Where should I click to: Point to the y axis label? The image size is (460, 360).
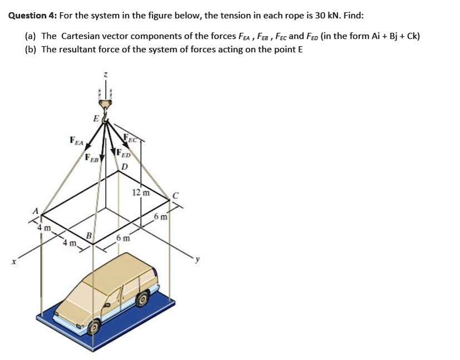click(195, 259)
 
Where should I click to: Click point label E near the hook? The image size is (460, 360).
click(96, 118)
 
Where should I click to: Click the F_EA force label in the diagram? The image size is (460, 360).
click(76, 141)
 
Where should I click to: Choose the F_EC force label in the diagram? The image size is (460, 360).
click(132, 137)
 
